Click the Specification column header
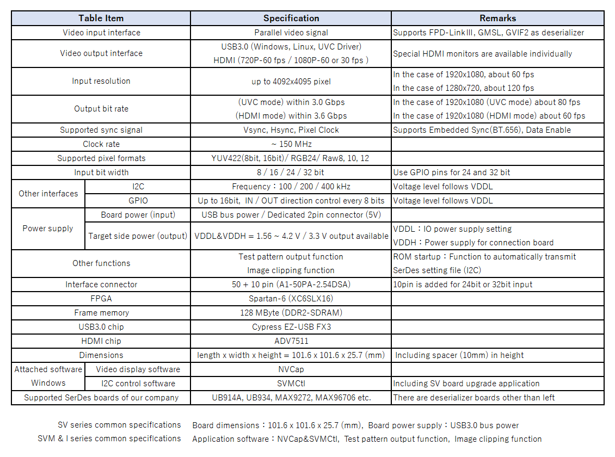pos(291,18)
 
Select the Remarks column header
pos(497,18)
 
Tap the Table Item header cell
pos(101,18)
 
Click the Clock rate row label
pos(101,144)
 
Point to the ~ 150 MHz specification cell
pos(291,144)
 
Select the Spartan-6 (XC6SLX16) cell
pos(291,299)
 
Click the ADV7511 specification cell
pos(291,341)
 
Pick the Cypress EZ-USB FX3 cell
pos(291,327)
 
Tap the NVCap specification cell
pos(291,369)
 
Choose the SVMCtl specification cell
pos(291,384)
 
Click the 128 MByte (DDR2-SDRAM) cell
pos(291,313)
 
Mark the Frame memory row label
pos(101,313)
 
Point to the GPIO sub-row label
pos(138,201)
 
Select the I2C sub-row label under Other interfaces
pos(138,187)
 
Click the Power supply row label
pos(48,228)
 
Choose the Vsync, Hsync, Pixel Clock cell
pos(291,130)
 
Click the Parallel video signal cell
pos(291,33)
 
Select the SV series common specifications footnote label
pos(119,425)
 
